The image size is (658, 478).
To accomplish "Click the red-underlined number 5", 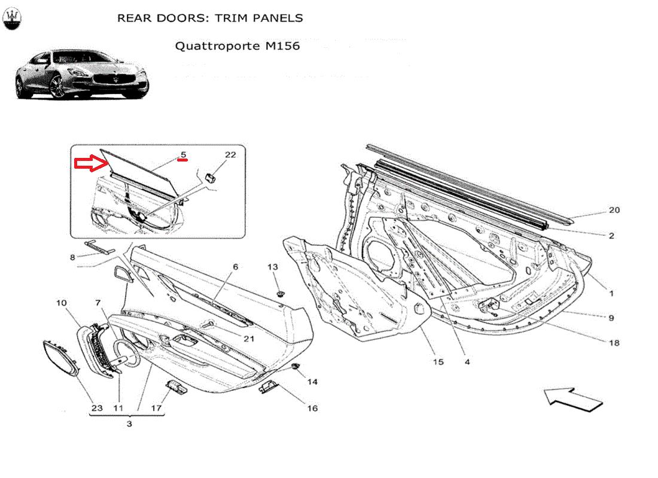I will click(x=184, y=155).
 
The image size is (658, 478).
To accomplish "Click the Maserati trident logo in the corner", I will click(x=13, y=20).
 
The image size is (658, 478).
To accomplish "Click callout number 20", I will click(x=614, y=210).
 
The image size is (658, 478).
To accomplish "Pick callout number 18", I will click(x=614, y=343).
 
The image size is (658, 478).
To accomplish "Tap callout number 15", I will click(x=438, y=362).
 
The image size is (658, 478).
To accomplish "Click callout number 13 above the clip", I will click(x=273, y=267).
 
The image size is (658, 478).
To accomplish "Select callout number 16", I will click(x=312, y=409).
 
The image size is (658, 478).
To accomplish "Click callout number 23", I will click(x=97, y=409).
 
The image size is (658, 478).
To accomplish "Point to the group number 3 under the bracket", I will click(x=129, y=424).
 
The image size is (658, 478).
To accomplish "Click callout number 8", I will click(x=72, y=258).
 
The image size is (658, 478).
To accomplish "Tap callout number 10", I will click(x=62, y=303).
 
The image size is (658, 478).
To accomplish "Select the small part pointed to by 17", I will click(x=176, y=386).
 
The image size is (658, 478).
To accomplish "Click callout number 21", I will click(x=249, y=339).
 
